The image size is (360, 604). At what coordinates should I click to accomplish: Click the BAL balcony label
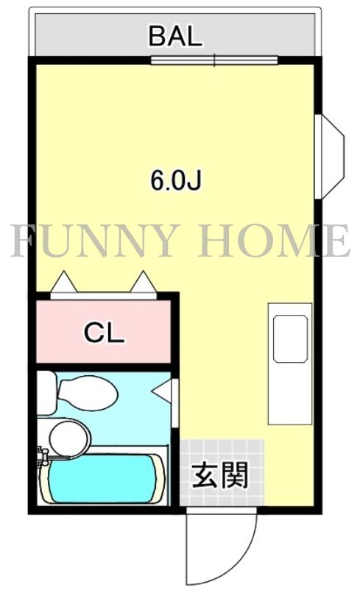click(x=175, y=35)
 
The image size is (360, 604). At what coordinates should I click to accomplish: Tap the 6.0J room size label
click(x=176, y=180)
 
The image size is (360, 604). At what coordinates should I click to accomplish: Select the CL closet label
click(x=104, y=333)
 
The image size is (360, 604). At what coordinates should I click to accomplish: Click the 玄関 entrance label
click(x=220, y=477)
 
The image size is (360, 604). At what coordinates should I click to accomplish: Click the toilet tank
click(x=46, y=393)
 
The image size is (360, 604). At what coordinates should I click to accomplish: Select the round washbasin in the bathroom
click(x=68, y=437)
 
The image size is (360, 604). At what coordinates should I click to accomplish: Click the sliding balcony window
click(x=213, y=60)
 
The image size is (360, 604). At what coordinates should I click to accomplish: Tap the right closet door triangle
click(x=144, y=282)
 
